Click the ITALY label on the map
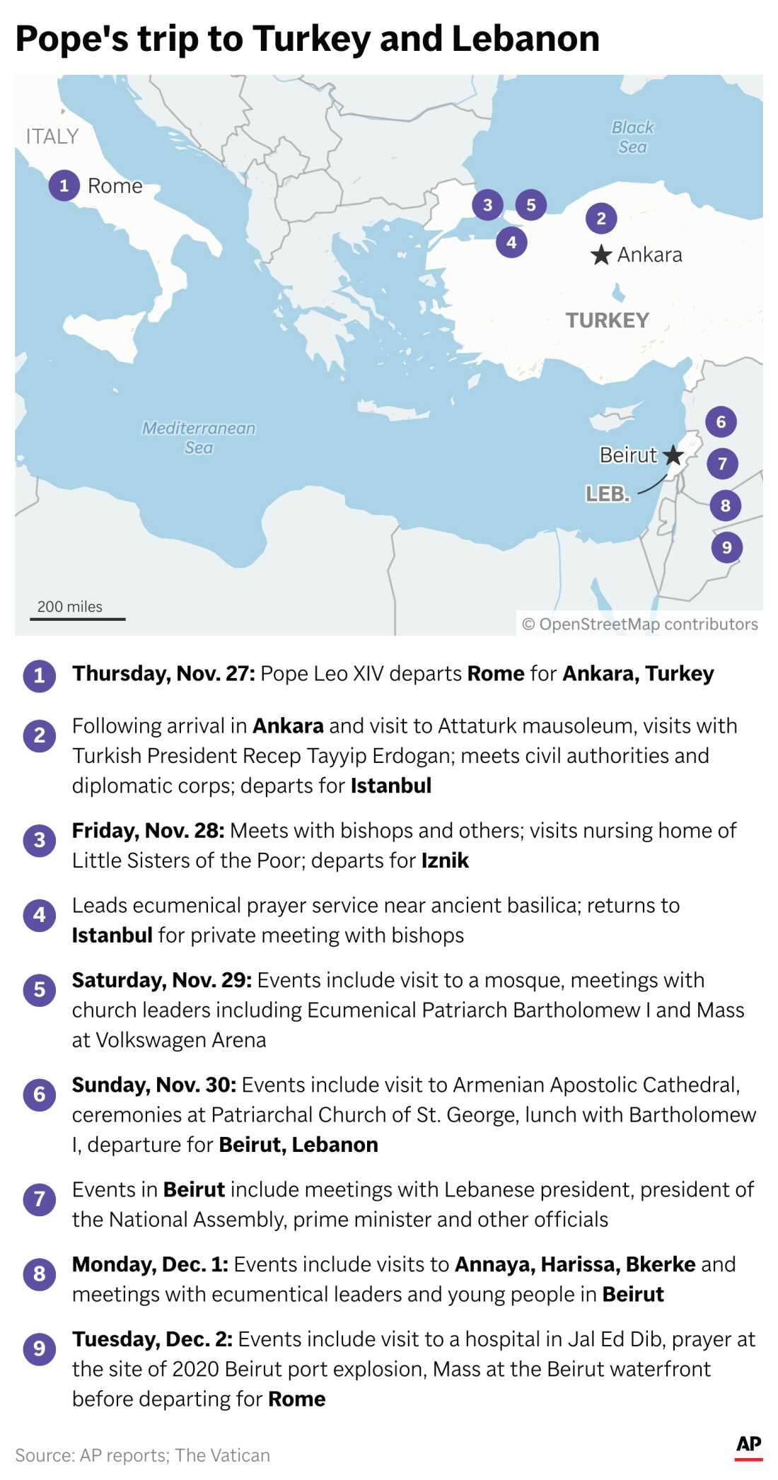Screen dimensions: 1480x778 pyautogui.click(x=52, y=136)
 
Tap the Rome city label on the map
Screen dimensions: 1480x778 pyautogui.click(x=115, y=186)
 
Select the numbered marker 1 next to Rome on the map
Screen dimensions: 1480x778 pyautogui.click(x=64, y=186)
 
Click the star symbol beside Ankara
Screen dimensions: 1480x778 pyautogui.click(x=600, y=255)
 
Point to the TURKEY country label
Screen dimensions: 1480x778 pyautogui.click(x=607, y=320)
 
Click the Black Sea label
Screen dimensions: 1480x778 pyautogui.click(x=632, y=137)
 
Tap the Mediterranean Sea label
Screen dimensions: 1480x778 pyautogui.click(x=199, y=438)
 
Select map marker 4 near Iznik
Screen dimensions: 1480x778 pyautogui.click(x=511, y=243)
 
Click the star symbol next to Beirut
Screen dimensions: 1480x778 pyautogui.click(x=673, y=455)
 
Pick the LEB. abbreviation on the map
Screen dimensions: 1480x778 pyautogui.click(x=607, y=494)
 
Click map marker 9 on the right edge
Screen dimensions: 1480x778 pyautogui.click(x=726, y=547)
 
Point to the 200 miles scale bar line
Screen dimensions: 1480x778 pyautogui.click(x=77, y=619)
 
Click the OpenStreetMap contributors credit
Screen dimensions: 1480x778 pyautogui.click(x=639, y=624)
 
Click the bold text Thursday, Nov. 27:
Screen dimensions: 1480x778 pyautogui.click(x=163, y=674)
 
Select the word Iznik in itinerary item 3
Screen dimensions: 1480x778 pyautogui.click(x=445, y=861)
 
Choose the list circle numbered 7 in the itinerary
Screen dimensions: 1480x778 pyautogui.click(x=40, y=1199)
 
